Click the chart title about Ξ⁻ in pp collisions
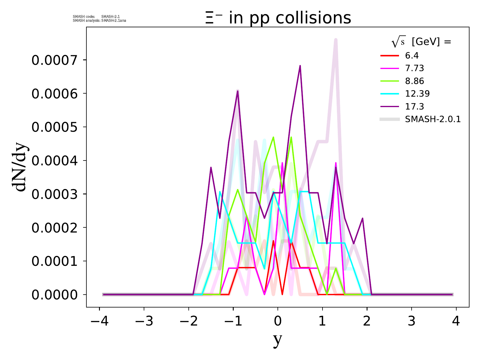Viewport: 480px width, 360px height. (278, 18)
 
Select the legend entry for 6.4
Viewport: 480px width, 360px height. (412, 56)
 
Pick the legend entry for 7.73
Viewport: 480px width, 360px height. (414, 68)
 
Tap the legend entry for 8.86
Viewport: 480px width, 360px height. (414, 81)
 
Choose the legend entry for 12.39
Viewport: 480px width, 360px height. (417, 94)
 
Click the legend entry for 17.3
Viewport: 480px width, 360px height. (414, 106)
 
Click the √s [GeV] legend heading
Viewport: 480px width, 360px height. (421, 42)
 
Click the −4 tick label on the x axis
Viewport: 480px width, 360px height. (100, 322)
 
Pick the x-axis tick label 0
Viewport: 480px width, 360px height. (278, 322)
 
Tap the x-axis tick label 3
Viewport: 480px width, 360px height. (412, 322)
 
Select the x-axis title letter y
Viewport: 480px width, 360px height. (278, 340)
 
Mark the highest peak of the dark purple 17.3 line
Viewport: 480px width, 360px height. (300, 66)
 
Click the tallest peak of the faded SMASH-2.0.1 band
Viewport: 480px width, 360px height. (336, 40)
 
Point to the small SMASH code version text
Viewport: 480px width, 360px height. (96, 16)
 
